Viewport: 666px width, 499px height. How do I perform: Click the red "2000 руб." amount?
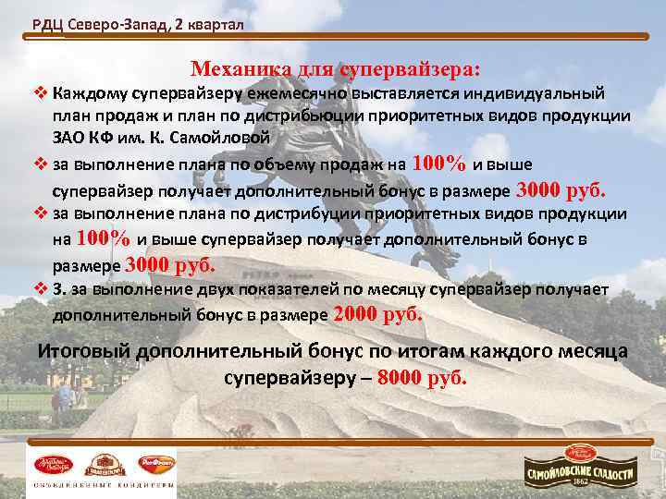(377, 314)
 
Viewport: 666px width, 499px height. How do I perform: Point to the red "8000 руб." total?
(423, 379)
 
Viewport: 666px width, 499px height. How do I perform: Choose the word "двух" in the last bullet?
(175, 289)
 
